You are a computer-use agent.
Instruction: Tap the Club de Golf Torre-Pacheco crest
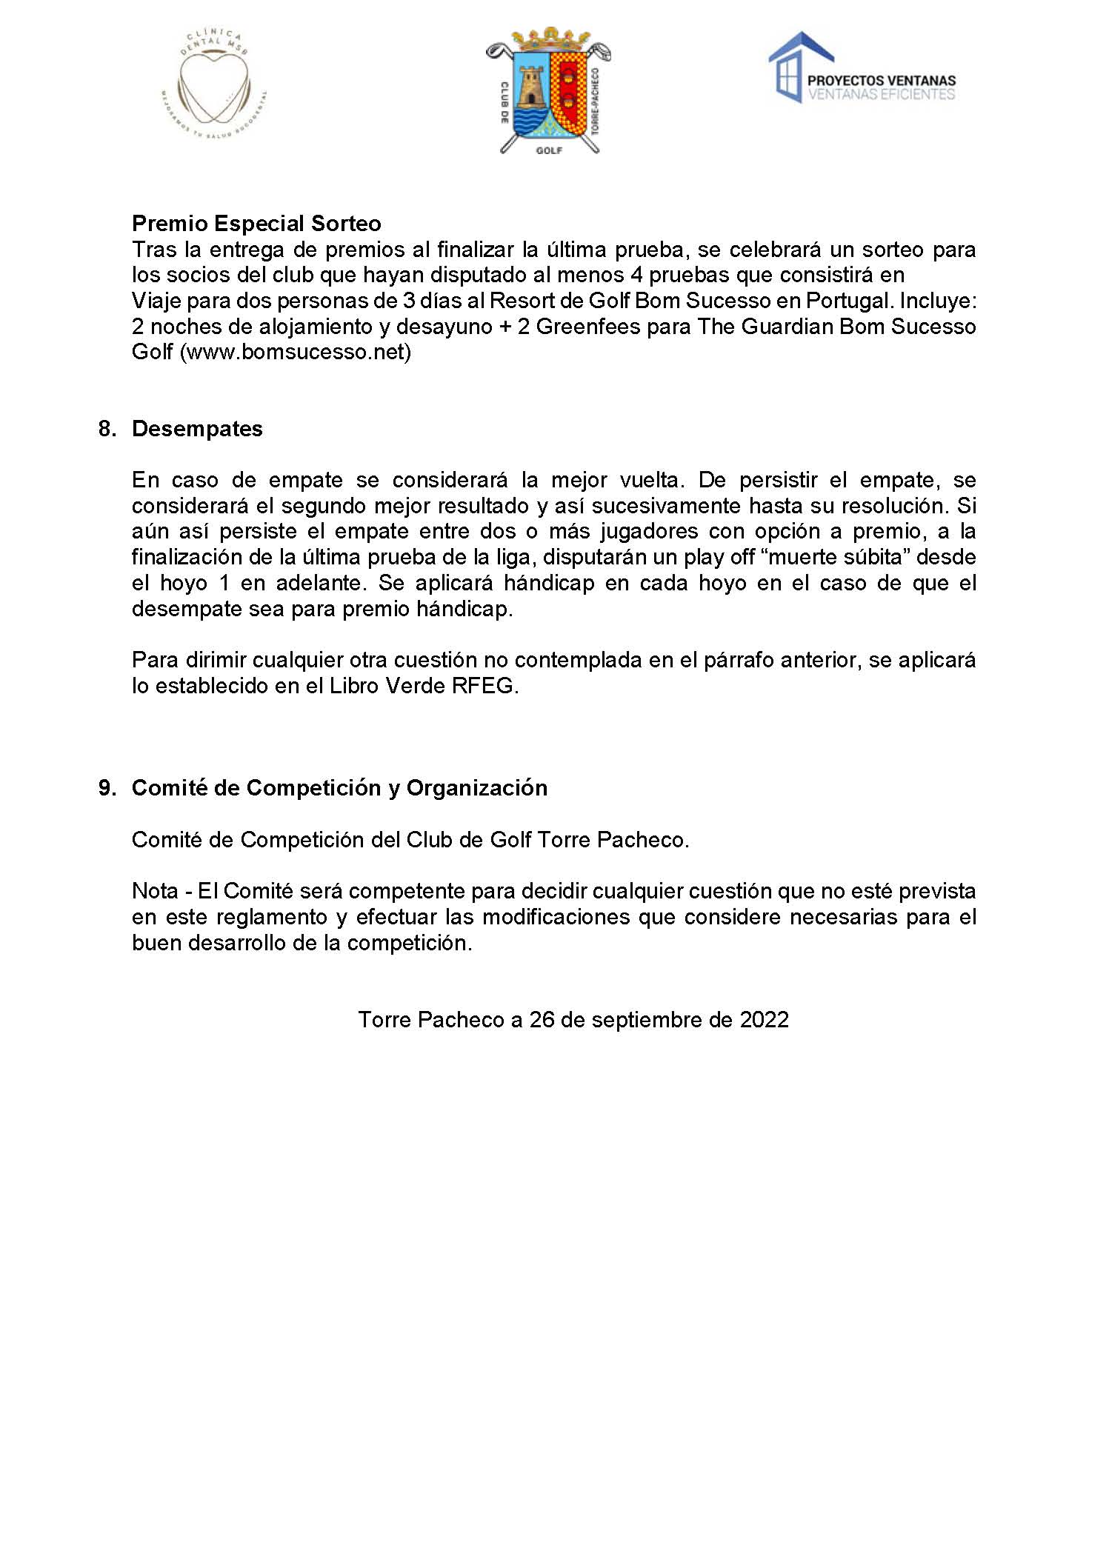tap(548, 90)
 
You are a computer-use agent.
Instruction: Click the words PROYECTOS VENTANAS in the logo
tap(881, 81)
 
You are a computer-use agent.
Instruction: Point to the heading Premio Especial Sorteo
tap(256, 223)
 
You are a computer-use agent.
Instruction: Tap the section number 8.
tap(107, 429)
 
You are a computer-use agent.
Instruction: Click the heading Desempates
tap(197, 429)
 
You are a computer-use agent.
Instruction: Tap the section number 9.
tap(107, 787)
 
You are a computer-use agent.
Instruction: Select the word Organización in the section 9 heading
tap(477, 787)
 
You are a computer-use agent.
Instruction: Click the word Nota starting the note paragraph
tap(155, 891)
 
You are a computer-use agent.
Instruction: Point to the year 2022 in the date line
tap(765, 1020)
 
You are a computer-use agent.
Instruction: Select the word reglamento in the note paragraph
tap(271, 917)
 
